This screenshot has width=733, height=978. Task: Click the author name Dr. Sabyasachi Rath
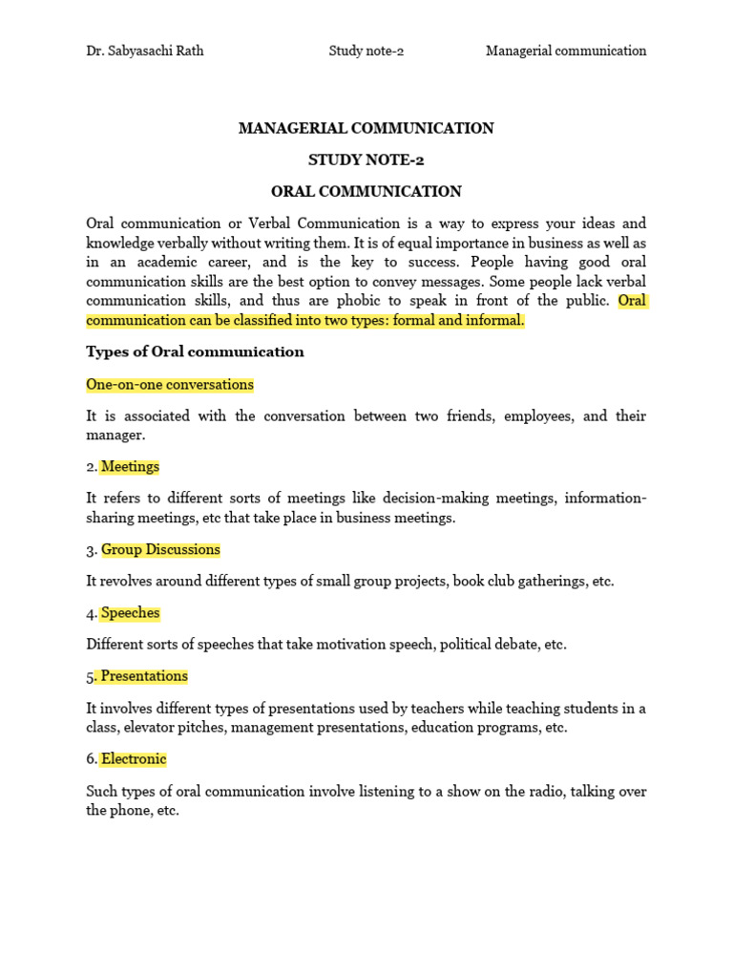[x=144, y=51]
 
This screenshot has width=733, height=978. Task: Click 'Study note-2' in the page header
[x=366, y=51]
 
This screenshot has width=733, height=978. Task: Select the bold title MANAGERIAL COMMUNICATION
[x=366, y=128]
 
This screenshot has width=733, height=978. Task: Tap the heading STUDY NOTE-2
[x=366, y=159]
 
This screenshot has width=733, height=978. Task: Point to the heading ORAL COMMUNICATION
[x=366, y=191]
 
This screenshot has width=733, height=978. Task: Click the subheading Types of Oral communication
[x=195, y=351]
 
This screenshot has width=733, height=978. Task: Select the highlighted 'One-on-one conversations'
[x=170, y=385]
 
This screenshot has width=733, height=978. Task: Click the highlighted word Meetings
[x=130, y=467]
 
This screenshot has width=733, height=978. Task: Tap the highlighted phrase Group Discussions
[x=160, y=550]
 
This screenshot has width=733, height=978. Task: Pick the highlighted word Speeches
[x=130, y=613]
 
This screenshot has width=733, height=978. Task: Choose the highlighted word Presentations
[x=144, y=676]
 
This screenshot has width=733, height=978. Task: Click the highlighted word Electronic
[x=134, y=759]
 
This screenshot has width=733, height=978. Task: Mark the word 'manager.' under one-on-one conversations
[x=115, y=436]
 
